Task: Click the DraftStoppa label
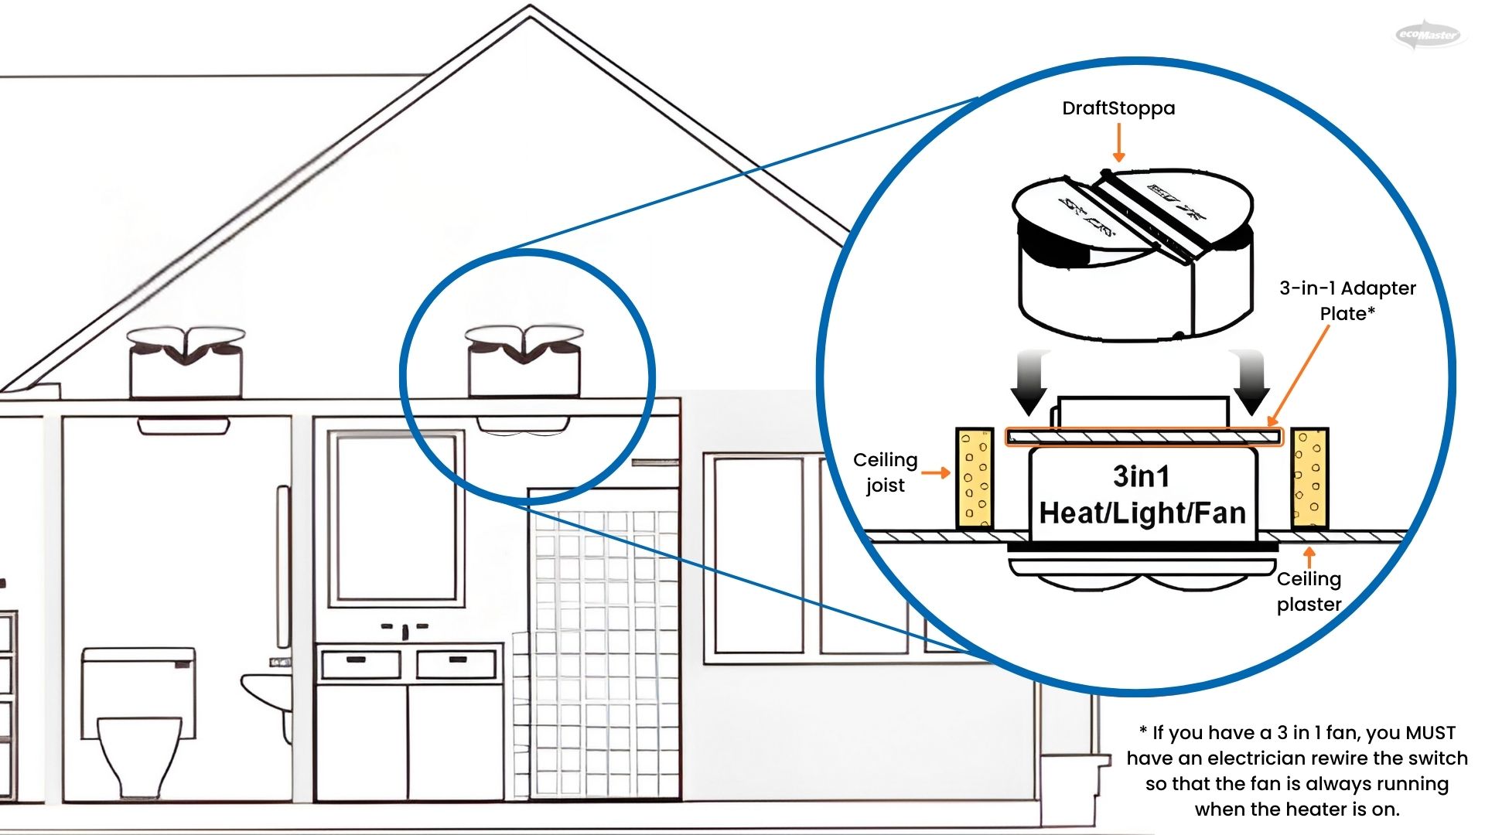coord(1118,108)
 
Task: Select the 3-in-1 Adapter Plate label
coord(1347,301)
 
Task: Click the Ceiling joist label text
coord(885,472)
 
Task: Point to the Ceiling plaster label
coord(1309,591)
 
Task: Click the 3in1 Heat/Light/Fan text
coord(1142,496)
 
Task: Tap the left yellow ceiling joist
coord(975,479)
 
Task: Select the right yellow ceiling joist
coord(1309,479)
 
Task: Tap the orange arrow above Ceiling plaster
coord(1309,557)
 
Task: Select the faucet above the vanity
coord(405,630)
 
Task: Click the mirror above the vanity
coord(396,518)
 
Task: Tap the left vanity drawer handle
coord(357,659)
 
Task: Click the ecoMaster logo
coord(1429,35)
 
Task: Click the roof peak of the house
coord(530,9)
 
